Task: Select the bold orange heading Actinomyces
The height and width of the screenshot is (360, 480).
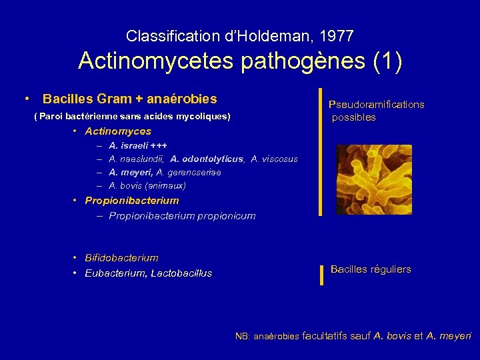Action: pyautogui.click(x=118, y=131)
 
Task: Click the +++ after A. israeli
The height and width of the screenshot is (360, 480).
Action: pyautogui.click(x=159, y=145)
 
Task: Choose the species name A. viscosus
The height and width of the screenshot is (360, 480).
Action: pyautogui.click(x=275, y=159)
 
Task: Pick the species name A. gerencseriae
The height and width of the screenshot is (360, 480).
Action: pyautogui.click(x=189, y=172)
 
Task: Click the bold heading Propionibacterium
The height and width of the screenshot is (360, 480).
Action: pyautogui.click(x=132, y=200)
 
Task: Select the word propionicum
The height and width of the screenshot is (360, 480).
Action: pyautogui.click(x=224, y=215)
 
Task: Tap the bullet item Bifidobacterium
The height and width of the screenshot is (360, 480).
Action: pyautogui.click(x=121, y=257)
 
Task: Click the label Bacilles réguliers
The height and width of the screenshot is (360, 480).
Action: pyautogui.click(x=371, y=269)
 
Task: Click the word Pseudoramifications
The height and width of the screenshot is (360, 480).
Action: pyautogui.click(x=377, y=104)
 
